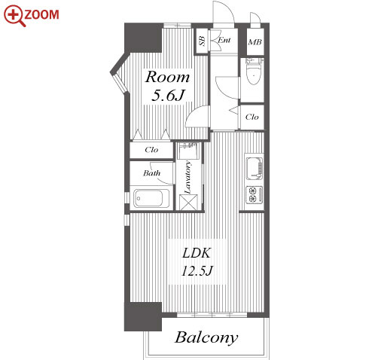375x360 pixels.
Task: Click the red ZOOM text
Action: pyautogui.click(x=41, y=14)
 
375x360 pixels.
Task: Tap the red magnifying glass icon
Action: pyautogui.click(x=14, y=16)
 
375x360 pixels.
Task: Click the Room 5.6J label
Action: pyautogui.click(x=167, y=86)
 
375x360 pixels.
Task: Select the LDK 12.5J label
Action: pyautogui.click(x=197, y=262)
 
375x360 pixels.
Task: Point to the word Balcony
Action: pyautogui.click(x=206, y=338)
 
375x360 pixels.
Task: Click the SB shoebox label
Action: pyautogui.click(x=202, y=41)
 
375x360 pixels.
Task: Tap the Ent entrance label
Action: pyautogui.click(x=224, y=40)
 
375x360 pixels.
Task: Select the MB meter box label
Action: pyautogui.click(x=255, y=42)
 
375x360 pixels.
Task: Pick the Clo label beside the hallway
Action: pyautogui.click(x=252, y=117)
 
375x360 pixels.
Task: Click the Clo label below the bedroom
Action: pyautogui.click(x=151, y=150)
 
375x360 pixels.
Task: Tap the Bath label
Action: pyautogui.click(x=151, y=173)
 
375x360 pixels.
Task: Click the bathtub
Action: pyautogui.click(x=151, y=198)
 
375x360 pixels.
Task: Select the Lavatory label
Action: pyautogui.click(x=187, y=177)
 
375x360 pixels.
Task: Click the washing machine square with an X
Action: pyautogui.click(x=189, y=203)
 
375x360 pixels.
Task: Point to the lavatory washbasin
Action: pyautogui.click(x=188, y=150)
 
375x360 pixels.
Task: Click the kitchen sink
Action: pyautogui.click(x=255, y=169)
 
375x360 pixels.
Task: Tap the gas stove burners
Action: pyautogui.click(x=255, y=195)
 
